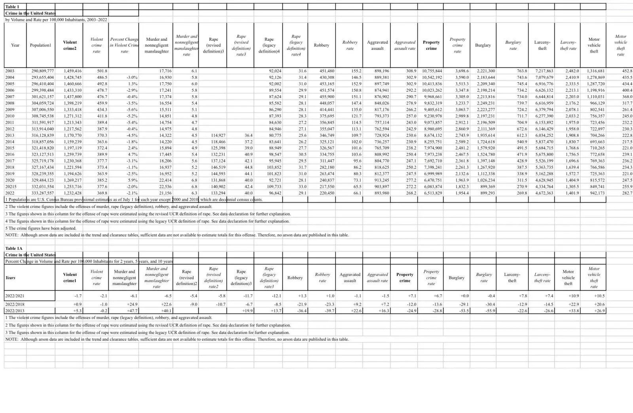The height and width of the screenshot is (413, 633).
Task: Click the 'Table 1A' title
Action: coord(14,248)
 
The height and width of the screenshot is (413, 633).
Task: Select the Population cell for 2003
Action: coord(42,71)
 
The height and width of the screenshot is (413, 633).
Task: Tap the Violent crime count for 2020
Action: coord(72,180)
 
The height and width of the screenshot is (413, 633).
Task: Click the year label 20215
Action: coord(11,187)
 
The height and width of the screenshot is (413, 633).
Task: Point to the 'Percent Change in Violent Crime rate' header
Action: coord(124,45)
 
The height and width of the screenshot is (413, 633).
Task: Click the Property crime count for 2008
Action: coord(432,103)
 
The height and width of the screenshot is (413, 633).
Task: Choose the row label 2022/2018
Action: coord(15,304)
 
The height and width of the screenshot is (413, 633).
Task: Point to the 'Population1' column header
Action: coord(40,45)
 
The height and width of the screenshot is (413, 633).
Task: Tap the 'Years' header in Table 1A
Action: coord(10,277)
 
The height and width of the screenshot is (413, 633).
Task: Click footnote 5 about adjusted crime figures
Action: coord(41,228)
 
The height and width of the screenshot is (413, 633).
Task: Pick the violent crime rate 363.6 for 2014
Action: coord(102,141)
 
